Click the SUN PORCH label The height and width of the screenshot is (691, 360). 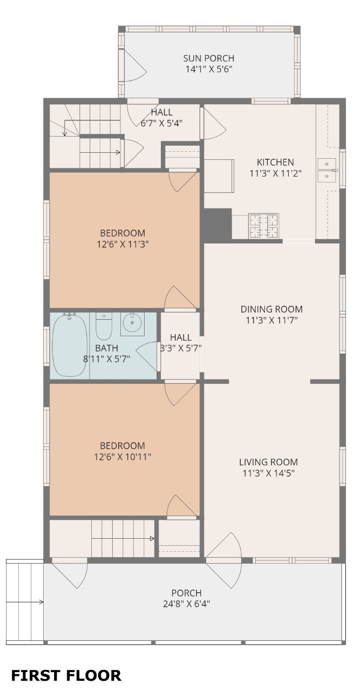(x=208, y=58)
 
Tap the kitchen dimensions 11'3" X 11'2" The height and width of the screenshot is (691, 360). (x=275, y=173)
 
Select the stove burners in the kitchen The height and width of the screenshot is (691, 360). (x=264, y=226)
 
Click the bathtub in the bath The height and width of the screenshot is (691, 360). (x=70, y=345)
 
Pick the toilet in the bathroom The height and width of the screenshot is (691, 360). (x=104, y=326)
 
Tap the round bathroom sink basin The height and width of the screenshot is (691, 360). (x=132, y=323)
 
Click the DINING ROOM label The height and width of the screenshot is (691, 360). (x=271, y=309)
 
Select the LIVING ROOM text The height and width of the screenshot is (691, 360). (x=268, y=462)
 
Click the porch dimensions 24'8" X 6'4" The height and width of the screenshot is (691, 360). (x=186, y=604)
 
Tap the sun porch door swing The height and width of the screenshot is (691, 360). (x=135, y=65)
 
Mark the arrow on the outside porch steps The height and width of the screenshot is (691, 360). (x=24, y=602)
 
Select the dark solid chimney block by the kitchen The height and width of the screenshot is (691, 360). (x=217, y=225)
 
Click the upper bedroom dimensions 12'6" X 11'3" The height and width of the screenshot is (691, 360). (x=123, y=245)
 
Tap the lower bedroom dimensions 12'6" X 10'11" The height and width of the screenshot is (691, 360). (x=123, y=457)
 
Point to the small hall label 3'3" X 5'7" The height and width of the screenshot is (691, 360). (x=181, y=348)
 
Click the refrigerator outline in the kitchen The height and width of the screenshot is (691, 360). (x=219, y=176)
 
